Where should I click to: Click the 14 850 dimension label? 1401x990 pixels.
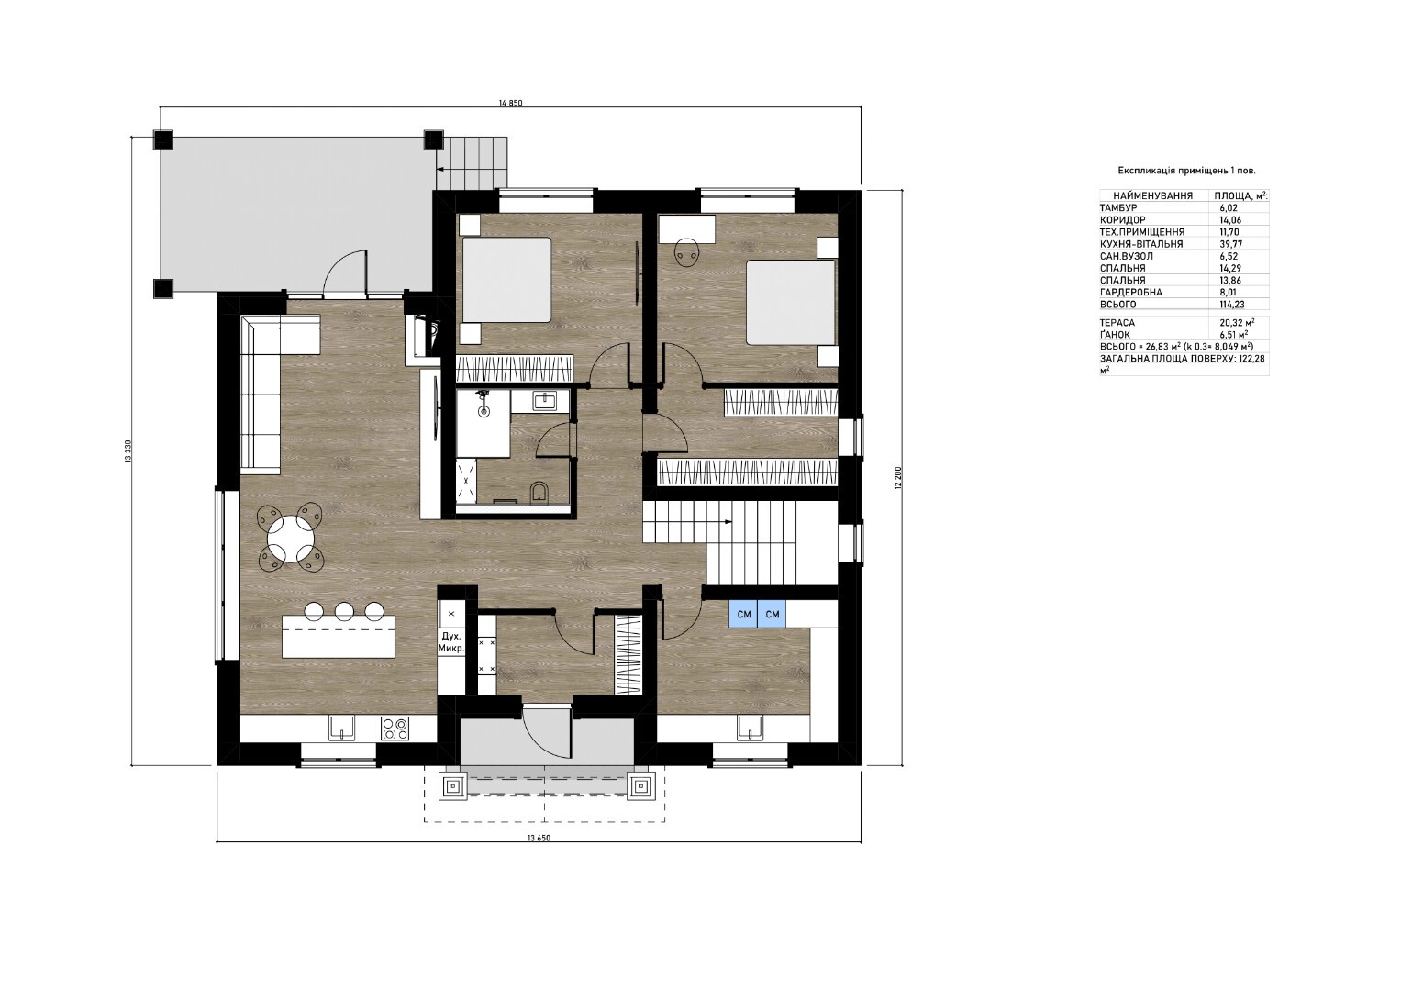[510, 103]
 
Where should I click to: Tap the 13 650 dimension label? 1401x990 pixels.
[539, 839]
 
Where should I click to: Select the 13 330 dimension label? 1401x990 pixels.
[128, 451]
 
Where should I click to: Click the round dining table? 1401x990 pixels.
[291, 539]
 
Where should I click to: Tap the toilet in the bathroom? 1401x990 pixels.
[539, 492]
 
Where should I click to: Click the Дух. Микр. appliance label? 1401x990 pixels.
[451, 642]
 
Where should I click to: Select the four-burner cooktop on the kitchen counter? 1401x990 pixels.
[395, 728]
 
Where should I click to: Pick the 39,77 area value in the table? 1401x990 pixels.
[1228, 244]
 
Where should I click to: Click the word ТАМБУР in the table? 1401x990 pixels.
[1118, 207]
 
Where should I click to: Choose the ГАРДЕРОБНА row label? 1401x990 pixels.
[1131, 292]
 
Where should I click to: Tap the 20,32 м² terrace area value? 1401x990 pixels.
[1235, 322]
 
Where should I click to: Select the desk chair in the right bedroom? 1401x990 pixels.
[687, 253]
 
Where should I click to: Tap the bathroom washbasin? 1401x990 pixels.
[544, 400]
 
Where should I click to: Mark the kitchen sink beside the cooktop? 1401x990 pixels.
[341, 728]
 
